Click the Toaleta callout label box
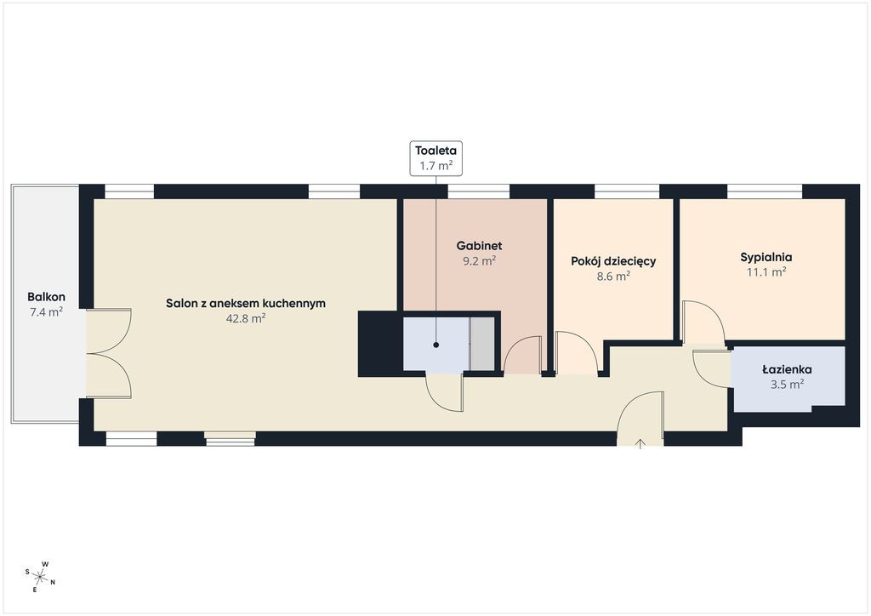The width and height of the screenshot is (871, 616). tap(436, 158)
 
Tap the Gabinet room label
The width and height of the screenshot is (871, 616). tap(480, 246)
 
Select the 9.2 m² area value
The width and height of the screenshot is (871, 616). tap(480, 260)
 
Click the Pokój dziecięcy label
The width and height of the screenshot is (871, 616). tap(613, 261)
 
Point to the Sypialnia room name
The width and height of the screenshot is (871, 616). tap(766, 257)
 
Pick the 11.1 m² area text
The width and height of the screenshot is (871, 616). tap(766, 272)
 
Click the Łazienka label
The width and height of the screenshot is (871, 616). tap(787, 369)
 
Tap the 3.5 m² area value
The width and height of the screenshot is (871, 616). tap(787, 385)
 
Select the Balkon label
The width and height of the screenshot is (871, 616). tap(46, 297)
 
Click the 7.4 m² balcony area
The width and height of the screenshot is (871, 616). tap(46, 312)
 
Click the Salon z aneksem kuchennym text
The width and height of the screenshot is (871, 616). tap(246, 303)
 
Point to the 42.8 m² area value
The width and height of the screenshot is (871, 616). tap(246, 319)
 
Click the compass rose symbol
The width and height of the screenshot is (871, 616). tap(40, 577)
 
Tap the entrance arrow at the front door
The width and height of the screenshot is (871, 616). tap(640, 442)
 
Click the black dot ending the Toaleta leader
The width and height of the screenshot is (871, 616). tap(436, 345)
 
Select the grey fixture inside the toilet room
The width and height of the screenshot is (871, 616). tap(482, 344)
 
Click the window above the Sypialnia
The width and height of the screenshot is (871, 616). tap(765, 191)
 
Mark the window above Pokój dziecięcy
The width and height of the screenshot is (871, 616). tap(627, 191)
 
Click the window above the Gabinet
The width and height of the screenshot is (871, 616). tap(478, 191)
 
